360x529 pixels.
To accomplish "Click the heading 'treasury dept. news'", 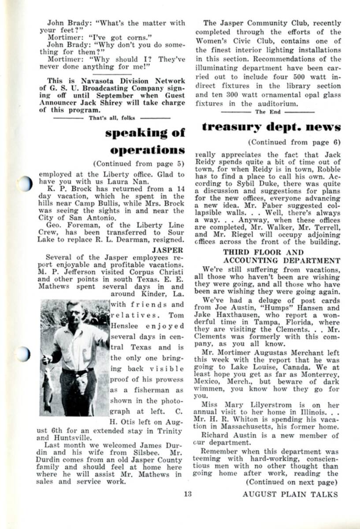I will coord(271,127).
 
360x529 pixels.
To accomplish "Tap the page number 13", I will coord(188,494).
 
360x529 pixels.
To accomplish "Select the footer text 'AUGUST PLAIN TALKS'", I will coord(290,494).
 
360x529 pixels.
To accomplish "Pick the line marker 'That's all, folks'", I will coord(112,118).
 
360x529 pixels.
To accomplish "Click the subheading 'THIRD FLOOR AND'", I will coord(263,253).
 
